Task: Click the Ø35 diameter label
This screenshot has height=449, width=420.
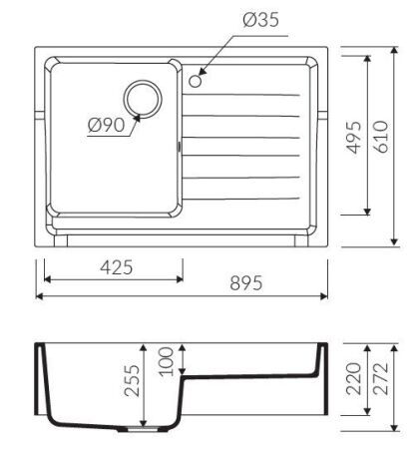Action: pos(261,20)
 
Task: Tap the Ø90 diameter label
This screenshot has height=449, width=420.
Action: pos(107,125)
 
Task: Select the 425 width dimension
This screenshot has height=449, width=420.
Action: pos(117,267)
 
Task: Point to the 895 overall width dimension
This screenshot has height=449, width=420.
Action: pos(246,283)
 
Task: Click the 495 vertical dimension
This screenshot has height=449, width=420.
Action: pos(354,137)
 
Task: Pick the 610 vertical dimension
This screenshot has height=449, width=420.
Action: pos(381,137)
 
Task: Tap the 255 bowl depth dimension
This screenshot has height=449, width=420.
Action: pos(132,381)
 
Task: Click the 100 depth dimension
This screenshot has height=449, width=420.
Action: pos(166,362)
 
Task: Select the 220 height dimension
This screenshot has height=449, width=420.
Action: pos(353,379)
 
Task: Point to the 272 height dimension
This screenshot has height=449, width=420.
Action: pos(380,379)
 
